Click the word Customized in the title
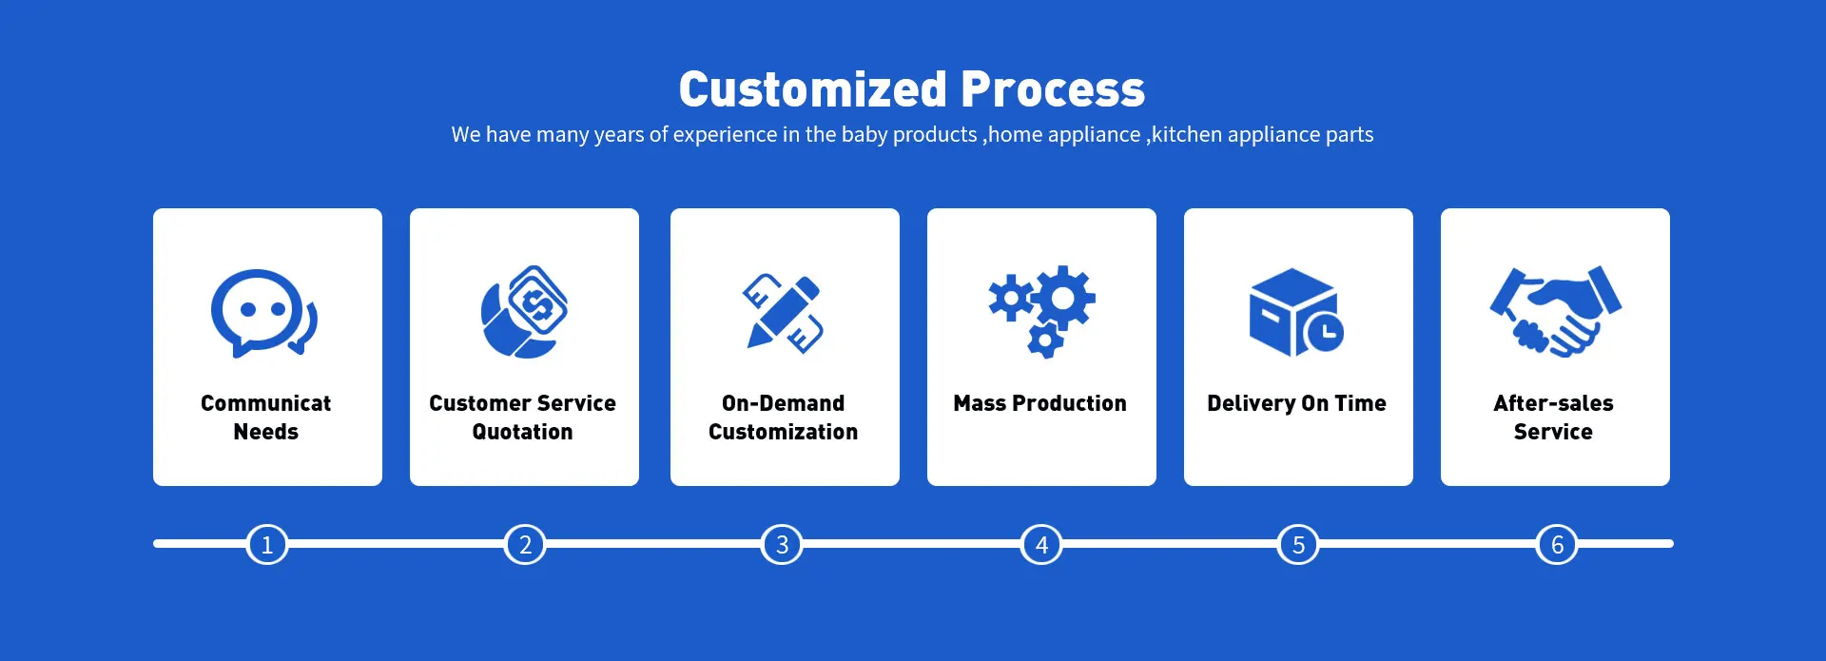tap(813, 89)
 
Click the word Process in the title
tap(1053, 89)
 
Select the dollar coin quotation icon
tap(524, 312)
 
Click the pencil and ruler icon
tap(783, 313)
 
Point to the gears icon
tap(1041, 311)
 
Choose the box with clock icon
tap(1296, 312)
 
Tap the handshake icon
tap(1555, 311)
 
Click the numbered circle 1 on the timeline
tap(267, 545)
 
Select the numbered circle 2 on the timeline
tap(525, 545)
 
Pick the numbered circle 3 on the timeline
tap(783, 545)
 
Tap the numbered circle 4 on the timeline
tap(1041, 545)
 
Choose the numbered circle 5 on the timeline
tap(1298, 545)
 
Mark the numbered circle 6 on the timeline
tap(1557, 545)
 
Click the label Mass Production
tap(1039, 403)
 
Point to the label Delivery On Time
tap(1296, 403)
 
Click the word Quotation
tap(522, 432)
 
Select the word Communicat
tap(265, 403)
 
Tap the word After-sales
tap(1553, 403)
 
